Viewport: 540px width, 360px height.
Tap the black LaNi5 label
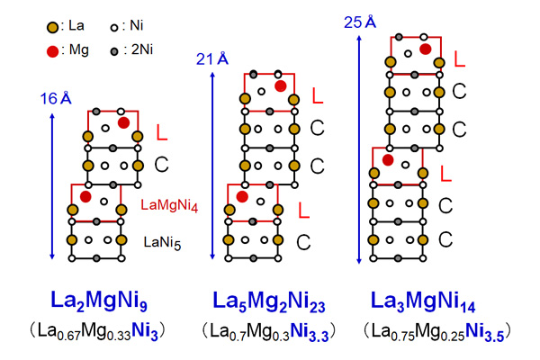pyautogui.click(x=165, y=240)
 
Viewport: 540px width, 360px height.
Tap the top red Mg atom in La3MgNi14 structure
pyautogui.click(x=425, y=49)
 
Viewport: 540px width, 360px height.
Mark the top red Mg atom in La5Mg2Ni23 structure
pyautogui.click(x=281, y=85)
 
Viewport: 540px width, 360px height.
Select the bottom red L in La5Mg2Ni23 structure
pyautogui.click(x=302, y=210)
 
